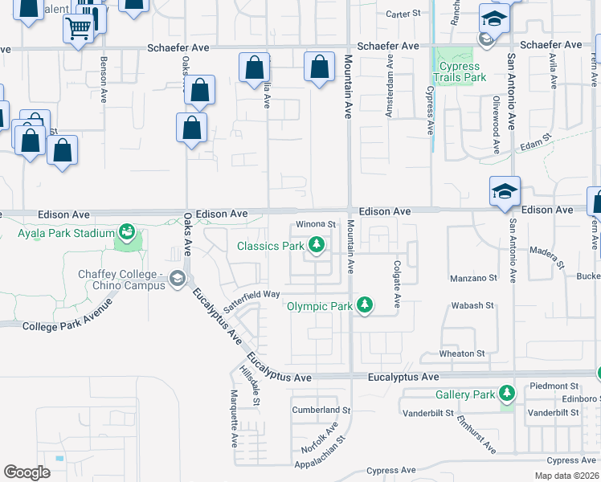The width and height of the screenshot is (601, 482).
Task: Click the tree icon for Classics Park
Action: (x=317, y=245)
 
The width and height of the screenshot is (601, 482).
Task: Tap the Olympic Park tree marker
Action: (x=365, y=305)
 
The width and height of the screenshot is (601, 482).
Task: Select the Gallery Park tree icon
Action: (x=506, y=394)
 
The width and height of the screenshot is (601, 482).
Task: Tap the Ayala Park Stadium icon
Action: (x=126, y=233)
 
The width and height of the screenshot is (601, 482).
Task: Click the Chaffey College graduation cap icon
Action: (x=177, y=278)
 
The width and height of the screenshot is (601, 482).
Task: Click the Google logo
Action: (x=27, y=472)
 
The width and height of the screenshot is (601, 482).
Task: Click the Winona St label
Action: (x=315, y=223)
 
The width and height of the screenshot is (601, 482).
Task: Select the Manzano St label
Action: (x=474, y=278)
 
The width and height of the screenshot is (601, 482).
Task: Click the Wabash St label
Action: (x=472, y=305)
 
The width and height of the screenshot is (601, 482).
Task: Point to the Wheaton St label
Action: (x=462, y=353)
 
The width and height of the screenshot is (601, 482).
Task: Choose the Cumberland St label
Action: (x=321, y=410)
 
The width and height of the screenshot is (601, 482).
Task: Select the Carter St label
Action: (x=403, y=14)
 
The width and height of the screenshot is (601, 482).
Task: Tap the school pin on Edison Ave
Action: (x=505, y=193)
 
